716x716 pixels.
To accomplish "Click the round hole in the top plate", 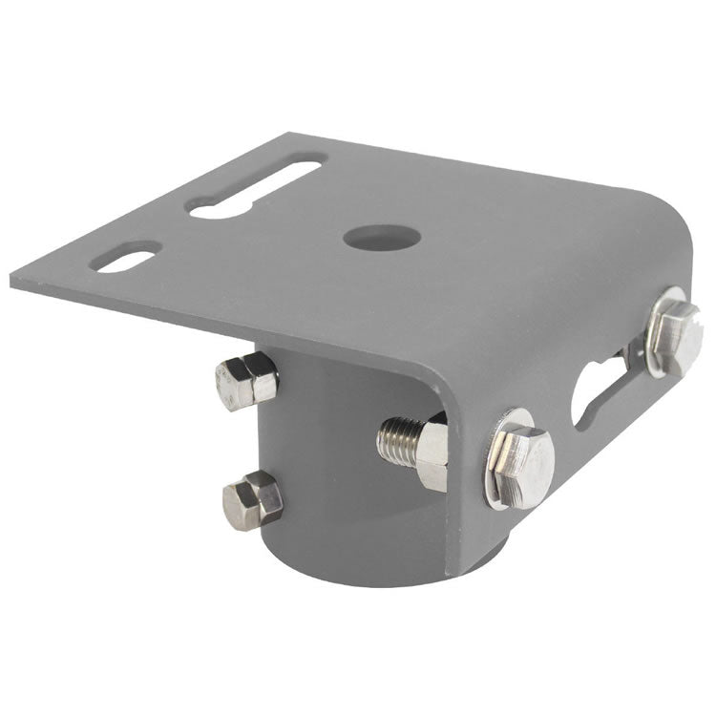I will pos(373,237).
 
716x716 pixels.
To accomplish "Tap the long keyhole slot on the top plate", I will pos(256,188).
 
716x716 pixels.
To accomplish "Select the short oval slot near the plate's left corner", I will pos(129,257).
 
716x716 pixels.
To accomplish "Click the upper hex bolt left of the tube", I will pos(246,379).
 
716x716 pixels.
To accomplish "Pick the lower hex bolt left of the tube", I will pos(252,499).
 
